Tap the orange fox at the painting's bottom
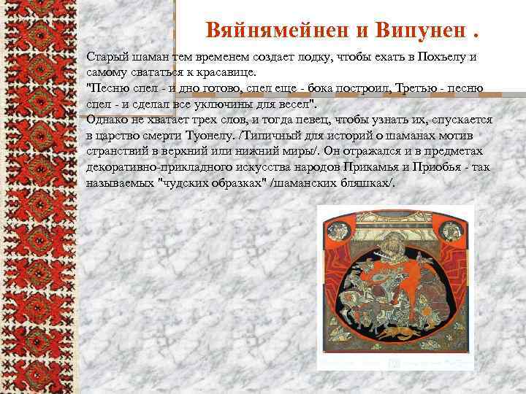click(x=401, y=333)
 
